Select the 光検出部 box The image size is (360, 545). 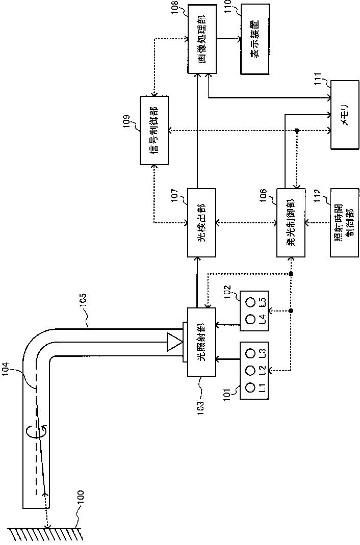pyautogui.click(x=202, y=223)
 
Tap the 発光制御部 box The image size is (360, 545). pyautogui.click(x=291, y=223)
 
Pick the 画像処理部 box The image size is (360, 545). pyautogui.click(x=202, y=39)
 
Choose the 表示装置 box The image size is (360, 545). pyautogui.click(x=256, y=40)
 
